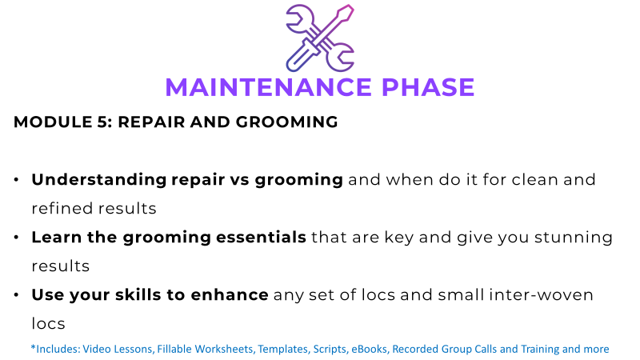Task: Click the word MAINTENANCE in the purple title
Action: point(268,87)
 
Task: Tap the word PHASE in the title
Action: point(428,87)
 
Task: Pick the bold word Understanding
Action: point(99,180)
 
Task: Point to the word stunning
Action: point(574,238)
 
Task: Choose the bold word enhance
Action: point(230,294)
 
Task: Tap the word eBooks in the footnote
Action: point(370,349)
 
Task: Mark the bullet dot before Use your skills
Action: point(16,294)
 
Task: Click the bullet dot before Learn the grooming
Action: point(16,237)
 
